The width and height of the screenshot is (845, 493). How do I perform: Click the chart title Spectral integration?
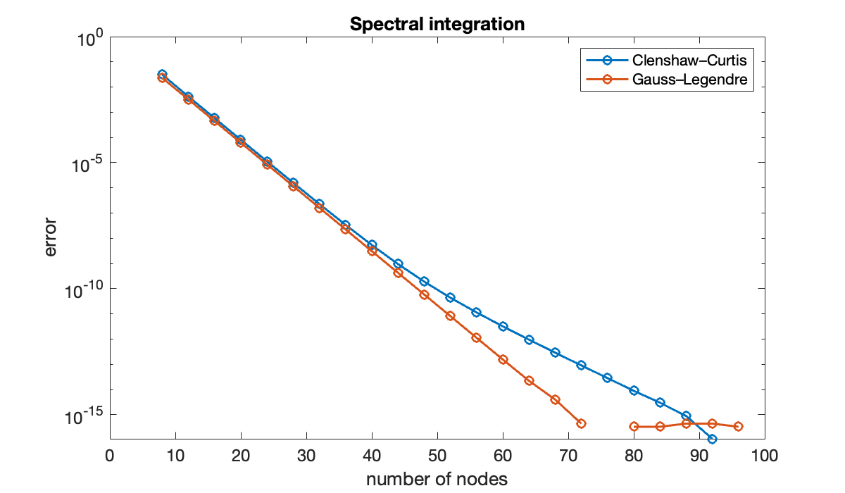[x=437, y=24]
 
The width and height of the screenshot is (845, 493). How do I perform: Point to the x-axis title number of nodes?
[x=437, y=480]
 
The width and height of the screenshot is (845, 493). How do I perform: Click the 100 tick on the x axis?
[x=764, y=456]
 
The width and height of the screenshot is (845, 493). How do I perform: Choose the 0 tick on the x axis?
[x=109, y=456]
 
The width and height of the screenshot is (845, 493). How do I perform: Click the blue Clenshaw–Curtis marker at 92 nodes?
[x=712, y=439]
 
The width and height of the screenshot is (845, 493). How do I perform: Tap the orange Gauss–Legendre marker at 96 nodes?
[x=738, y=426]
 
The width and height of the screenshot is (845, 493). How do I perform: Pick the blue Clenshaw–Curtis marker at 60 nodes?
[x=503, y=326]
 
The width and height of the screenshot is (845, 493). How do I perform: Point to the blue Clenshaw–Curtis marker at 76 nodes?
[x=607, y=377]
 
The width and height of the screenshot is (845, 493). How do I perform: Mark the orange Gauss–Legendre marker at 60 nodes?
[x=503, y=359]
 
